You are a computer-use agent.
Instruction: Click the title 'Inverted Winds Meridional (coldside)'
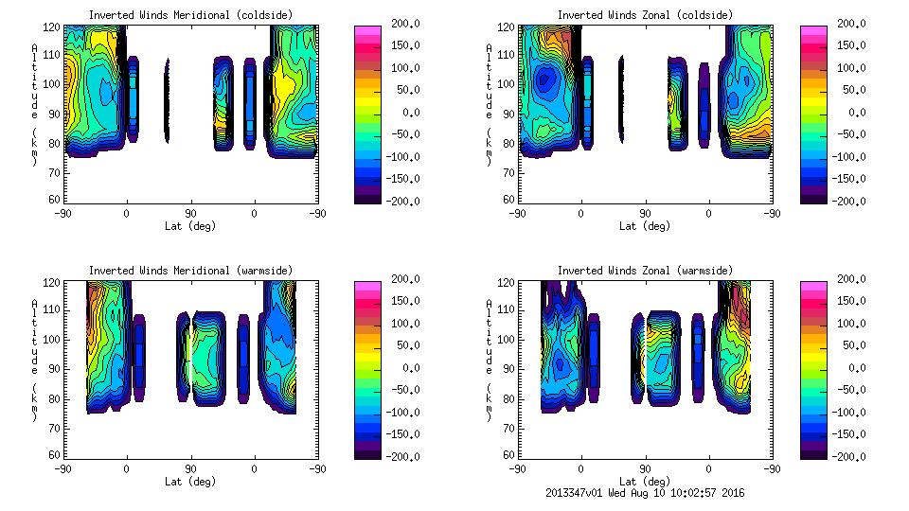tap(190, 14)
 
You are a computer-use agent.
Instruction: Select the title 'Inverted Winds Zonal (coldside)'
tap(645, 14)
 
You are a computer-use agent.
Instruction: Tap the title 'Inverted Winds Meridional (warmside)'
tap(190, 270)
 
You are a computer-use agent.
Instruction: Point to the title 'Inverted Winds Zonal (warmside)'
tap(645, 270)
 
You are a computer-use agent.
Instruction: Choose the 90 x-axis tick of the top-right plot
tap(645, 213)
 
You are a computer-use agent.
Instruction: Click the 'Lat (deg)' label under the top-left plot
tap(190, 226)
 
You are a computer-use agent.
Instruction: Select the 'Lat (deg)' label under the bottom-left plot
tap(190, 482)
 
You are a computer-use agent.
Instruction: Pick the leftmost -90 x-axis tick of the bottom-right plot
tap(517, 468)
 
